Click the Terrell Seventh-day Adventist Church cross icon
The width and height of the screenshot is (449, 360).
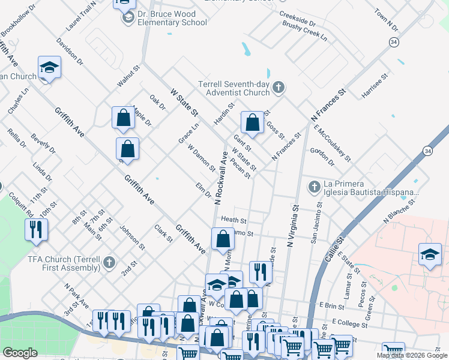pyautogui.click(x=278, y=88)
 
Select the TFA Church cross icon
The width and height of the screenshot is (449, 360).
pyautogui.click(x=109, y=262)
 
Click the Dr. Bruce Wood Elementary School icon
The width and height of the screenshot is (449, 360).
pyautogui.click(x=128, y=18)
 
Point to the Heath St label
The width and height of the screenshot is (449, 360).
pyautogui.click(x=234, y=220)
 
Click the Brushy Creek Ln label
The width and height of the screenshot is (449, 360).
pyautogui.click(x=305, y=31)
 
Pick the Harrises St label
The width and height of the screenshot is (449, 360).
pyautogui.click(x=372, y=88)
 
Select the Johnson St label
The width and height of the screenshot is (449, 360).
pyautogui.click(x=133, y=238)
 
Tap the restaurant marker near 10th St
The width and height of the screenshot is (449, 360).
pyautogui.click(x=36, y=229)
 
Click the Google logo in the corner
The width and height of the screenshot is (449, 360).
pyautogui.click(x=20, y=353)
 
